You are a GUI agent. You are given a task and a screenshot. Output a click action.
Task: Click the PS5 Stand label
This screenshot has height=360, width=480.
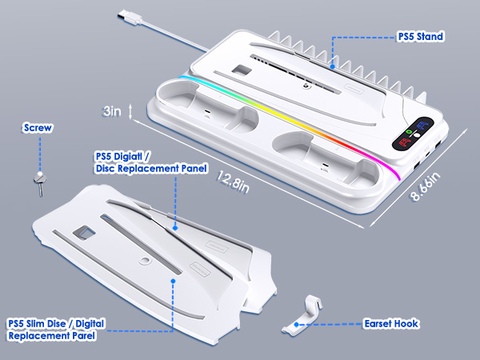(421, 37)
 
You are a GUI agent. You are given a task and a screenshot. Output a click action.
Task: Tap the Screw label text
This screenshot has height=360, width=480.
(38, 127)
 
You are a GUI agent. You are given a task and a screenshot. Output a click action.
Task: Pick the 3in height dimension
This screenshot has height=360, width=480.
(111, 111)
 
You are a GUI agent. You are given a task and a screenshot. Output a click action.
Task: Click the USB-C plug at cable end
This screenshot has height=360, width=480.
(129, 17)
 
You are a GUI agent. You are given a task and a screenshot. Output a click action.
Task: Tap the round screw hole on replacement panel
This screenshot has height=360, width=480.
(145, 261)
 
